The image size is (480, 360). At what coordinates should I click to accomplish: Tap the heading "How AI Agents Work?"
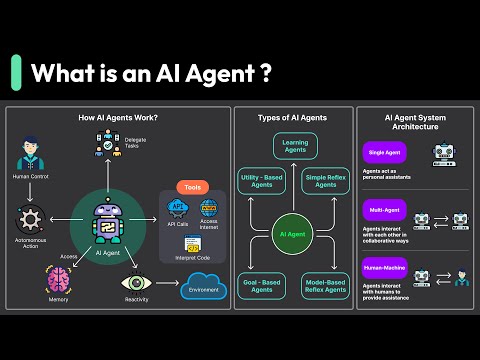118,118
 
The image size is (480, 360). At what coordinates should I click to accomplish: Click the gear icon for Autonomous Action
32,217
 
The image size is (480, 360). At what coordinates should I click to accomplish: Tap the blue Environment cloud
204,291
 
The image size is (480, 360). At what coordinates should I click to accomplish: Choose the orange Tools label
192,187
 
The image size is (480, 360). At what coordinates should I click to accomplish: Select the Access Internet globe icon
209,210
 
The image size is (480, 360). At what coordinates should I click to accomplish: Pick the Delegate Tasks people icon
107,147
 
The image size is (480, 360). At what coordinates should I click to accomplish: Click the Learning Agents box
294,147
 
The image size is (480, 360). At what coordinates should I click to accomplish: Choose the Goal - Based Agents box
263,285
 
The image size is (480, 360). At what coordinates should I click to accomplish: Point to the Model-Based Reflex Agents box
326,285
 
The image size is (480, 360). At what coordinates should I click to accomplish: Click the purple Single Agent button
384,153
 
